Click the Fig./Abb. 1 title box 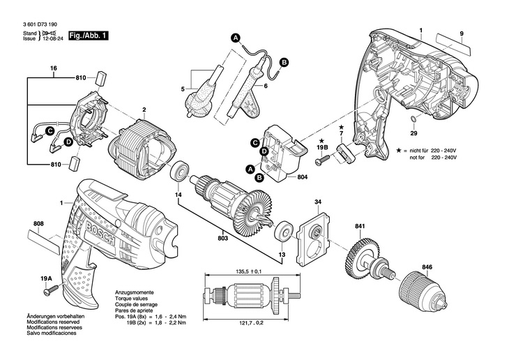coord(88,36)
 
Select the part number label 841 coord(360,226)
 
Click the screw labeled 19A coord(51,290)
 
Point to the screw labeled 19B coord(322,160)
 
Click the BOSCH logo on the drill coord(100,232)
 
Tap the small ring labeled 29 coord(413,119)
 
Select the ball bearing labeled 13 coord(284,232)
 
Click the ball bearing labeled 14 coord(179,171)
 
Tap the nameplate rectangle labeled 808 coord(44,242)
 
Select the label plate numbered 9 coord(453,44)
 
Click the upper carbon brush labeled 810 coord(101,78)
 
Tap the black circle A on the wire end coord(236,38)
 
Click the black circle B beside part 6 coord(284,62)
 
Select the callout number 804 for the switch coord(302,177)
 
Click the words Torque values coord(131,299)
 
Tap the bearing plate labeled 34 coord(313,239)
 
